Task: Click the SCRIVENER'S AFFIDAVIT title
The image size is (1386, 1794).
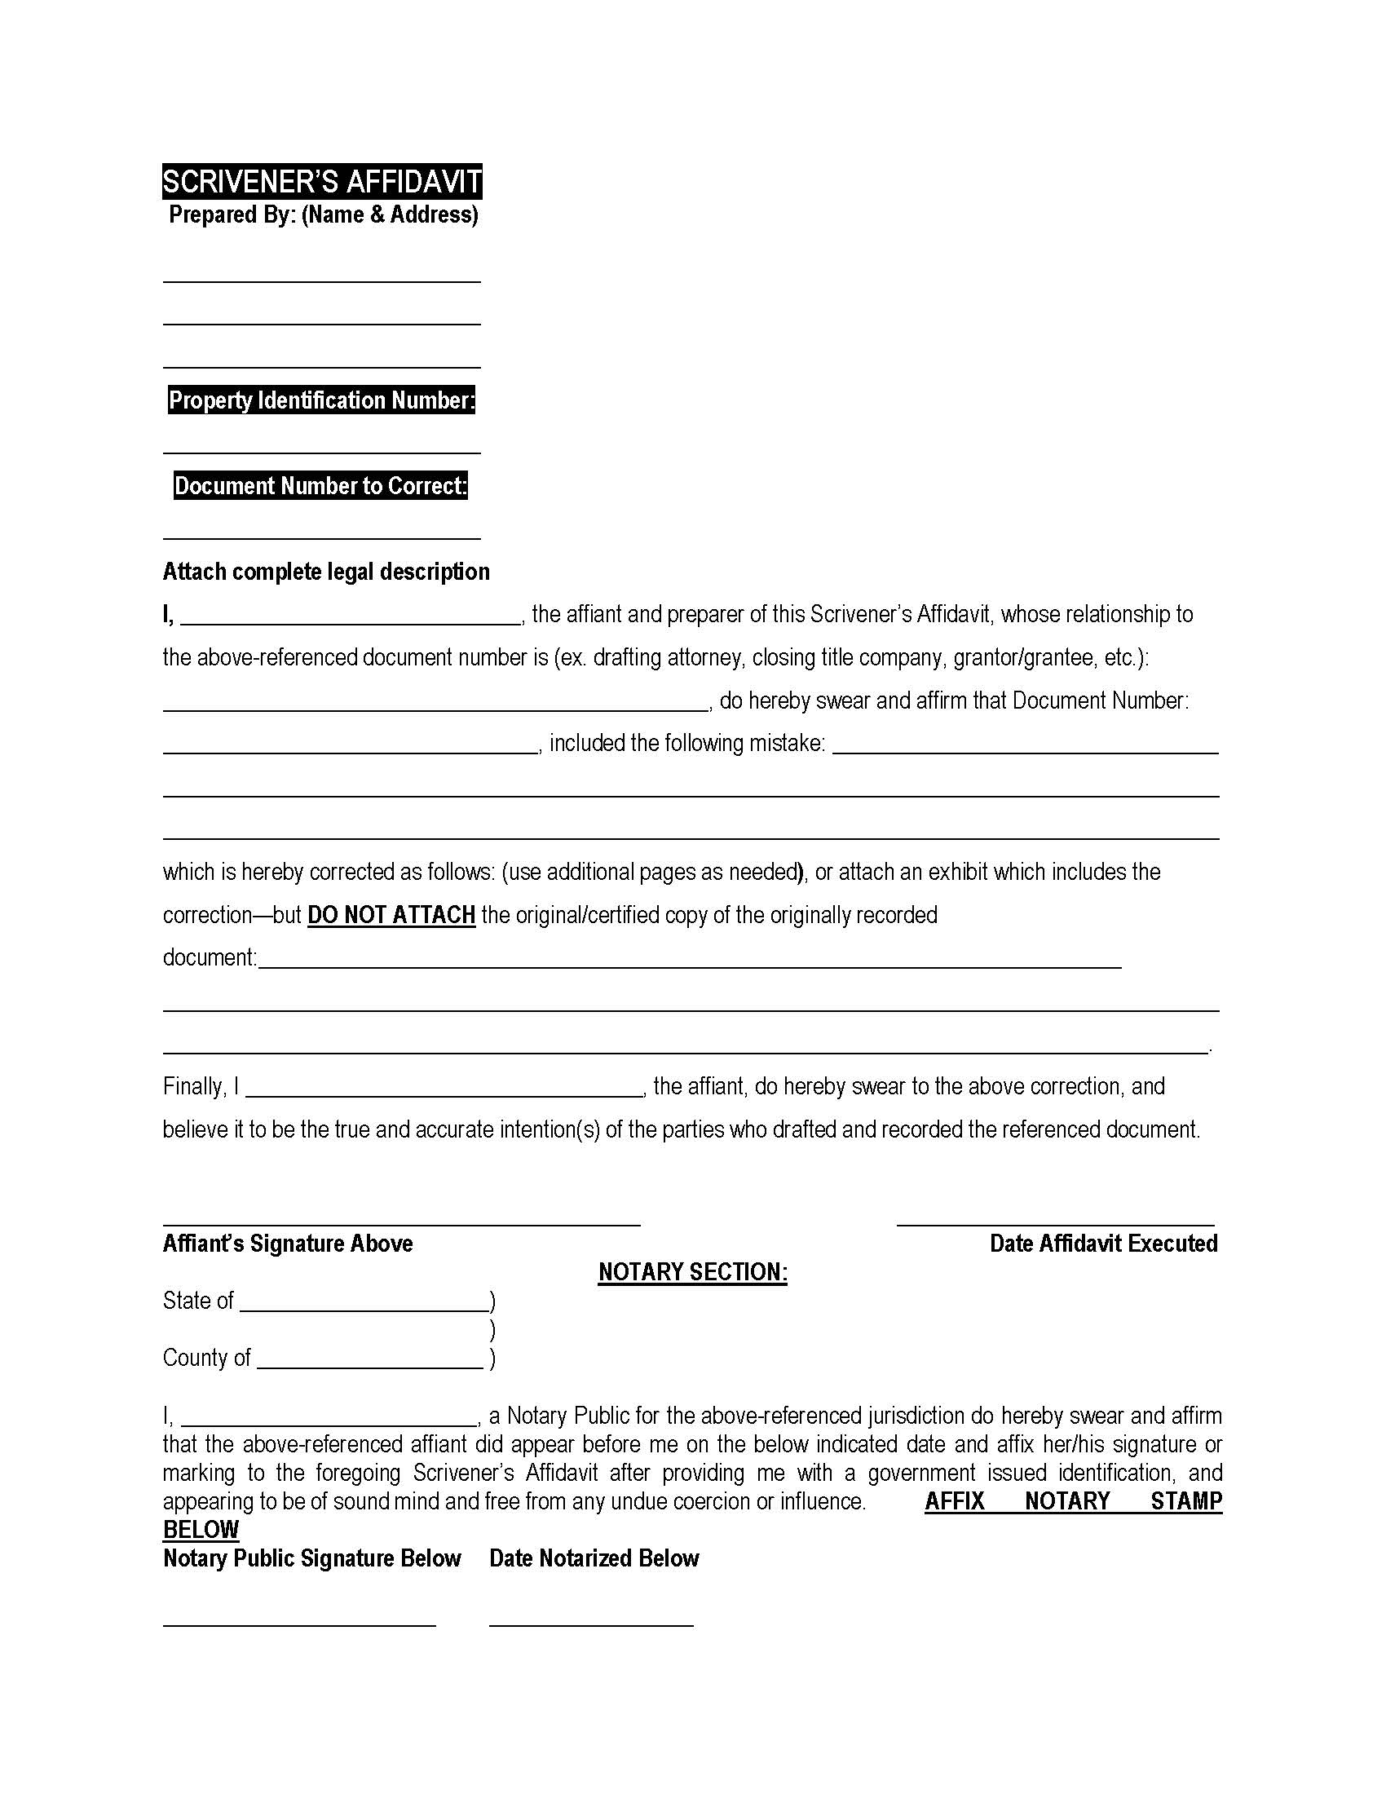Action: [x=322, y=182]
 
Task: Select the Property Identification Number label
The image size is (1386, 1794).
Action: [x=322, y=400]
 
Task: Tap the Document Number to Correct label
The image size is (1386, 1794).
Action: [x=321, y=486]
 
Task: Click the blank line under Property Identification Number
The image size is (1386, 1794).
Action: [x=322, y=450]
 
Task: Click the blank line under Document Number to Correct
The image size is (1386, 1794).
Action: [x=322, y=537]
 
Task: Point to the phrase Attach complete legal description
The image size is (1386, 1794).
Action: [x=326, y=572]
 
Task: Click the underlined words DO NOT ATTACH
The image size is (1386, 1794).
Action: [x=391, y=915]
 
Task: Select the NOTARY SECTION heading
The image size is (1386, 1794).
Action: [x=692, y=1272]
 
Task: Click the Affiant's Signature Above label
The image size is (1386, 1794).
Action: [x=287, y=1244]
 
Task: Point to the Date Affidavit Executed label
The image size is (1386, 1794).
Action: [x=1103, y=1244]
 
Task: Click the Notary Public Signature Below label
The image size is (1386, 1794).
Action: [x=312, y=1558]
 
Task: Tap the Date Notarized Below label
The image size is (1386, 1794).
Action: [x=594, y=1558]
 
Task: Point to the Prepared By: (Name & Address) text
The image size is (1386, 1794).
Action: [x=324, y=215]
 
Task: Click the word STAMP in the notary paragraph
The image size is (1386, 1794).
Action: [x=1185, y=1500]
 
